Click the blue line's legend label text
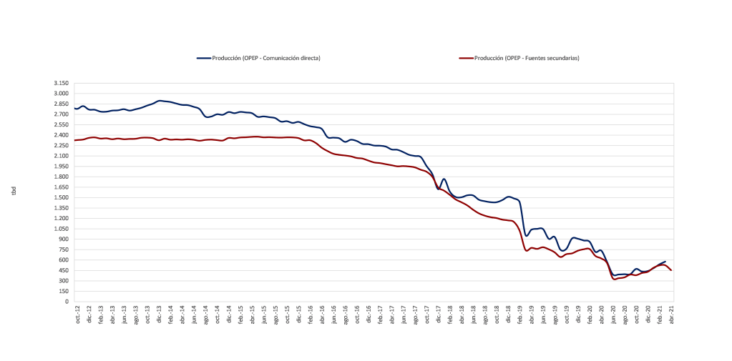click(265, 58)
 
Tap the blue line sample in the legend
click(203, 58)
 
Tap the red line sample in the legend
click(466, 58)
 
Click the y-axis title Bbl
click(14, 192)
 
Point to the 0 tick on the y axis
click(66, 302)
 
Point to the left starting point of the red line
click(75, 140)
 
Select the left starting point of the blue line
click(75, 109)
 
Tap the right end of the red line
click(671, 269)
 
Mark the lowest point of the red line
click(615, 279)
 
